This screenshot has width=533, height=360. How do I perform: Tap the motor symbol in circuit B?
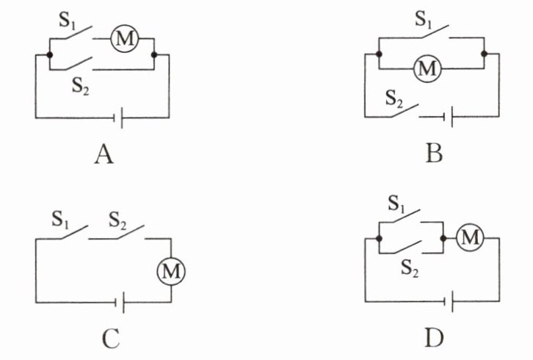coord(427,69)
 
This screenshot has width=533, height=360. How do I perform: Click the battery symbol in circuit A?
coord(118,117)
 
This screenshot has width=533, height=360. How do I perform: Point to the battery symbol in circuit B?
coord(449,116)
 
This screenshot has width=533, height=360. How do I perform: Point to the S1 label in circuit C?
coord(61,218)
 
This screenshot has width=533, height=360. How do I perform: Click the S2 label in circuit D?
coord(410,269)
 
